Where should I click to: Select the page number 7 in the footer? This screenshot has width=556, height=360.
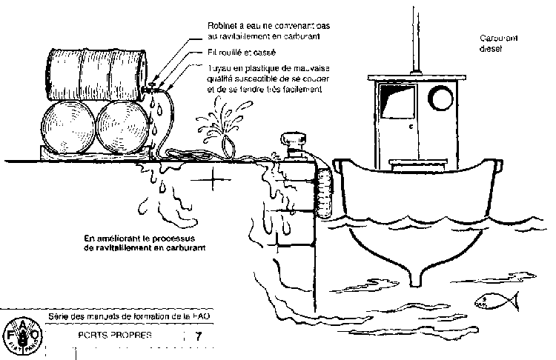198,336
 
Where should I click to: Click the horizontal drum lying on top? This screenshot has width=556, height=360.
99,71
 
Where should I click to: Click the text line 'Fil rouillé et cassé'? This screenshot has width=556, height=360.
242,53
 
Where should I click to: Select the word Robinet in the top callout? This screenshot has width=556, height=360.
223,26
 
